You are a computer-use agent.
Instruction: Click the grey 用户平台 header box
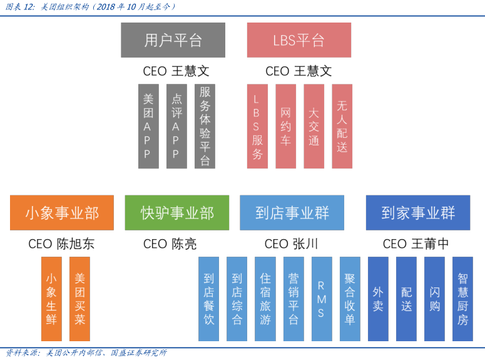[173, 40]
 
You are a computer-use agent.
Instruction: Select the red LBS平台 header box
[299, 40]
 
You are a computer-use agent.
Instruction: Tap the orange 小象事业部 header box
[62, 212]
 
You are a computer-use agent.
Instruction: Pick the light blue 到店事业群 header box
[292, 212]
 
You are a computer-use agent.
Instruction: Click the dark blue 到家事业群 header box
[418, 212]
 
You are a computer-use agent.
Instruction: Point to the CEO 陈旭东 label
[61, 244]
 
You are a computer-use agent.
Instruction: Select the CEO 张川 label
[291, 244]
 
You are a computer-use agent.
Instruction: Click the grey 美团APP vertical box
[148, 126]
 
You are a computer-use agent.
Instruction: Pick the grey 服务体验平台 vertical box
[205, 126]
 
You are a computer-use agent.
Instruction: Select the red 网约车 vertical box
[285, 126]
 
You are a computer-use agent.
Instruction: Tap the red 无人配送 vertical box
[342, 126]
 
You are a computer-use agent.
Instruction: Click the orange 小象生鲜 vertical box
[51, 299]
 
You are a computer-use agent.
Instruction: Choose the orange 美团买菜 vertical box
[79, 299]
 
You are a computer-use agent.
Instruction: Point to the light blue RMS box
[322, 299]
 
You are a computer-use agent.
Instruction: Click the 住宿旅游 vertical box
[265, 299]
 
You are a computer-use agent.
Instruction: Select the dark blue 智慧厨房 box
[462, 299]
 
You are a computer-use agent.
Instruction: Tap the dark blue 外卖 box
[378, 299]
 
